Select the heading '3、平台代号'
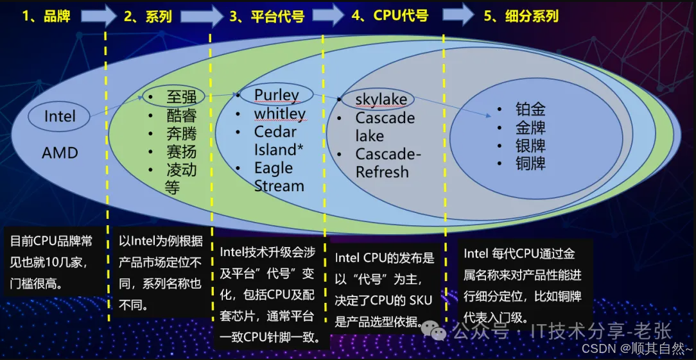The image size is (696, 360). [266, 16]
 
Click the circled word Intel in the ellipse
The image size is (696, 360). [60, 116]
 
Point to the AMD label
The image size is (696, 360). [60, 153]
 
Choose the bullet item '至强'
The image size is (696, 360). [181, 98]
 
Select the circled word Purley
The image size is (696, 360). [276, 95]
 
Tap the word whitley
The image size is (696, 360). [279, 114]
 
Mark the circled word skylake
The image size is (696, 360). [381, 99]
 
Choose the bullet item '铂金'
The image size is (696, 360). [530, 109]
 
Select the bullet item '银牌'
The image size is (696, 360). [530, 145]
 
